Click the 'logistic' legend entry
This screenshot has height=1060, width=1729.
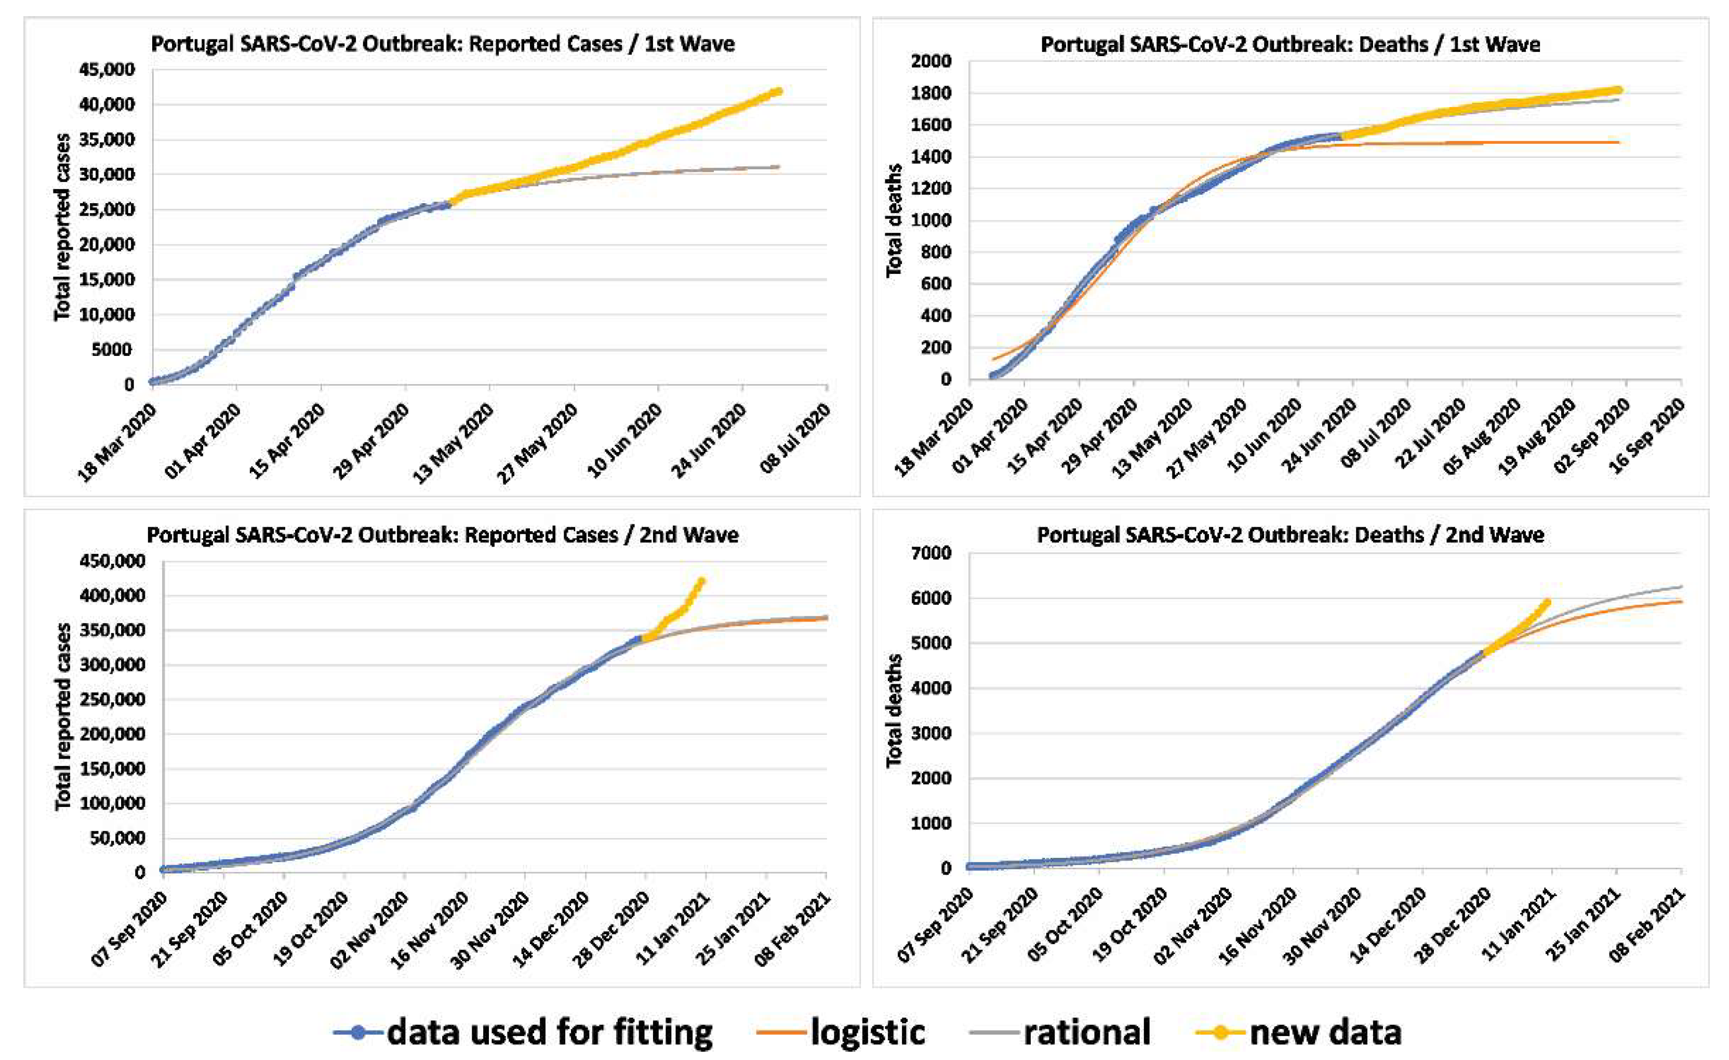click(x=867, y=1032)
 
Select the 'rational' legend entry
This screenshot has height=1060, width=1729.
click(x=1086, y=1032)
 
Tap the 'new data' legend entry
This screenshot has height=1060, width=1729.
click(x=1325, y=1032)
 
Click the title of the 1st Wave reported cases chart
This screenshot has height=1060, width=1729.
click(x=443, y=44)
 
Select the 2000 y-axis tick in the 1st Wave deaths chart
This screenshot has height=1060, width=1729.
click(x=931, y=61)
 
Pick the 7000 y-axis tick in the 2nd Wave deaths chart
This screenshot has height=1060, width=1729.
click(x=931, y=553)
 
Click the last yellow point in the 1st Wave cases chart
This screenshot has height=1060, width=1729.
click(x=778, y=91)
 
